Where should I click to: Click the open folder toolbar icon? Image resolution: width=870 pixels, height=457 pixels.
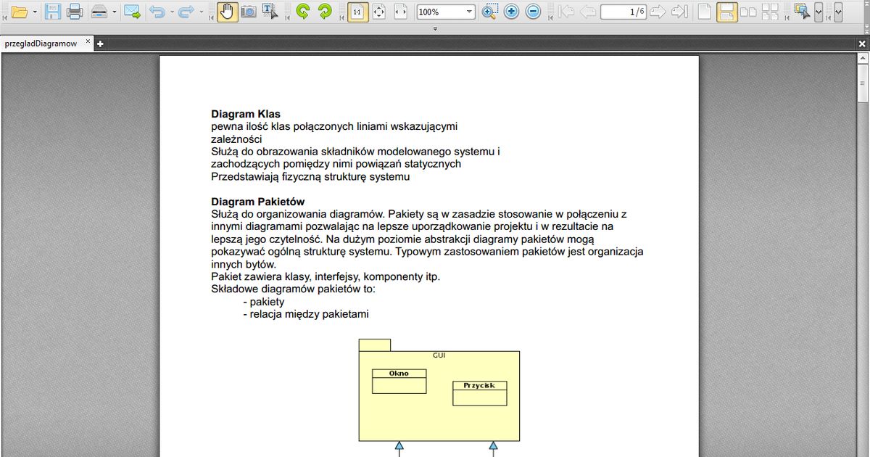19,12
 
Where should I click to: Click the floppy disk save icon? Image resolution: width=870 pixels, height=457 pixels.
52,12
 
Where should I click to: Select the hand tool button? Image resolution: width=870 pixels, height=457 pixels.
227,12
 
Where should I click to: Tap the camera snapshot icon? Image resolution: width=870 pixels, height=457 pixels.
249,12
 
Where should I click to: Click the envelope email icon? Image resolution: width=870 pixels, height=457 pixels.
132,12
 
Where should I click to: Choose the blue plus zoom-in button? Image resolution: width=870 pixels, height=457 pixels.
512,12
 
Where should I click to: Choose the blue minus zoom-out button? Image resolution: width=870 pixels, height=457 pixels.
534,12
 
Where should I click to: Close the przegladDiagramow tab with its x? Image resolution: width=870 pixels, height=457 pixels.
88,42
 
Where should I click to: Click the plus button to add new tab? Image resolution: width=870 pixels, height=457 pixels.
101,44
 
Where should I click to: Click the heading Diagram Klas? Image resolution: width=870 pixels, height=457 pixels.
245,114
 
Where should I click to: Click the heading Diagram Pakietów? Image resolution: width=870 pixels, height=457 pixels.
257,201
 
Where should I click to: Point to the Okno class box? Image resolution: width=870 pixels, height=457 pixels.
399,382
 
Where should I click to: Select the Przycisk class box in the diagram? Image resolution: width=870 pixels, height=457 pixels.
479,393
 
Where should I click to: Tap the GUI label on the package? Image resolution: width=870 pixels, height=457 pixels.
439,355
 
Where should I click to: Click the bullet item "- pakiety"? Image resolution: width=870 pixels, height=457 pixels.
265,302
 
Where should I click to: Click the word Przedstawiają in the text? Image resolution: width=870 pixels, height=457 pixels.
242,176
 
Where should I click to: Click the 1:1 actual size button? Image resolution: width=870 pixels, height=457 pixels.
357,12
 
